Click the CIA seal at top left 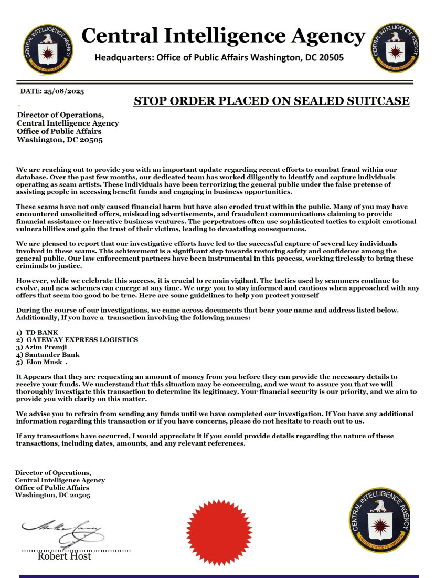pyautogui.click(x=48, y=49)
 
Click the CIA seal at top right pyautogui.click(x=395, y=48)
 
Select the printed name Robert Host pyautogui.click(x=64, y=556)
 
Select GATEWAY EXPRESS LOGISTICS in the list pyautogui.click(x=82, y=340)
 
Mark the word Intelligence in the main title pyautogui.click(x=218, y=36)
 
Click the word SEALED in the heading pyautogui.click(x=310, y=101)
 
